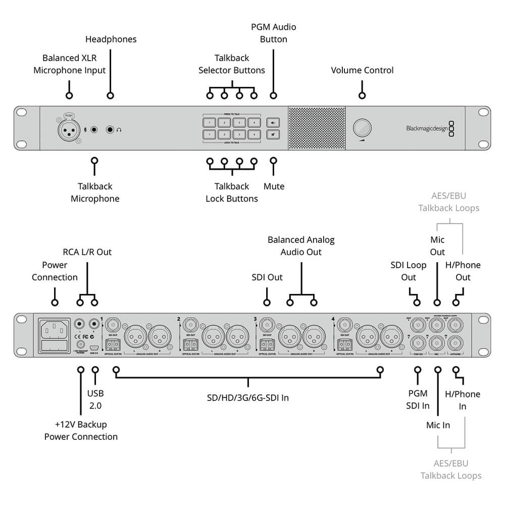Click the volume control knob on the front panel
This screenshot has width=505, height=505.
pos(361,128)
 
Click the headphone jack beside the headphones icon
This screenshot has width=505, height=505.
pos(110,130)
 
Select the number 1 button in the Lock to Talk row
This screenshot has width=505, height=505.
pos(209,134)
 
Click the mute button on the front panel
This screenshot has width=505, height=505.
pos(273,134)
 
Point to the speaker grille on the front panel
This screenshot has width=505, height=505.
pos(316,128)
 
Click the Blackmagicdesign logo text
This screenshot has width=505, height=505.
pos(427,128)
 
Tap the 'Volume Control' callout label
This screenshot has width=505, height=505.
pos(362,70)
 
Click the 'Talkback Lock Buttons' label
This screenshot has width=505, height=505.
pos(232,192)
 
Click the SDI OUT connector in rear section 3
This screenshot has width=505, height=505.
pos(267,324)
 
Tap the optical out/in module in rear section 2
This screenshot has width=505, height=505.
pos(190,345)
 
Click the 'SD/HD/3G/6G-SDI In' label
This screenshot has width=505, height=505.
pos(248,397)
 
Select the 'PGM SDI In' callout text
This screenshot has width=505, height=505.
pos(418,399)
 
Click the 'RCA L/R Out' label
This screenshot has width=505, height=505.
pos(87,252)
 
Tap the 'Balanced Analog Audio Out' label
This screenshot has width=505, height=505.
pos(301,246)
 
